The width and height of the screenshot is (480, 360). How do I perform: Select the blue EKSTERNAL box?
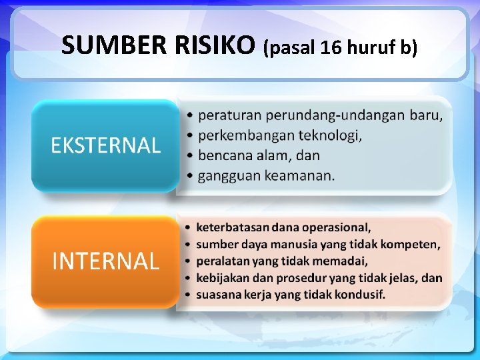(x=105, y=145)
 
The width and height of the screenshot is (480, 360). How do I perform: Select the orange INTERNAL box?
(x=105, y=261)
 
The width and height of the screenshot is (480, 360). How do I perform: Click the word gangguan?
(x=229, y=176)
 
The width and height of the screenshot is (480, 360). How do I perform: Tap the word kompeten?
(x=412, y=244)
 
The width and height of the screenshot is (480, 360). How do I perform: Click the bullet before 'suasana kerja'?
(x=189, y=294)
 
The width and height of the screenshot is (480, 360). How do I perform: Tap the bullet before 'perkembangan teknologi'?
(x=191, y=136)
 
